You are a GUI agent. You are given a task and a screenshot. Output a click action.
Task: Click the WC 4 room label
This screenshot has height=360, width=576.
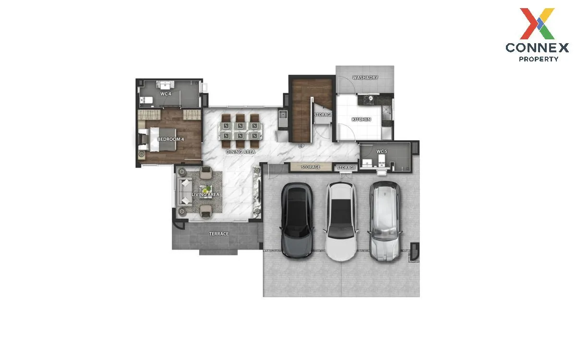tap(166, 94)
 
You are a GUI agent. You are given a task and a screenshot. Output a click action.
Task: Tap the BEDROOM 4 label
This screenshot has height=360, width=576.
tap(171, 139)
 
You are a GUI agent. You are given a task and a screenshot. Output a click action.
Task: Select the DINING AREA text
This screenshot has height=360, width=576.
tap(240, 152)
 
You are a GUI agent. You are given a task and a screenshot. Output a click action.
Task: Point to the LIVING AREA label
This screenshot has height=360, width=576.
tap(205, 195)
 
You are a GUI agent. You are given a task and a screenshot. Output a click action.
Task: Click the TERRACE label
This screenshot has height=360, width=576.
tap(219, 234)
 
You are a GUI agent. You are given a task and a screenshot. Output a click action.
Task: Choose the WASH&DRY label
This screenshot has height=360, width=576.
tap(365, 78)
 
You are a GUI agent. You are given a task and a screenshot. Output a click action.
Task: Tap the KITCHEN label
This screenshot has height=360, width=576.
tap(361, 120)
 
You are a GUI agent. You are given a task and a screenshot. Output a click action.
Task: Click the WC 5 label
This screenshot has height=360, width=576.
tap(382, 152)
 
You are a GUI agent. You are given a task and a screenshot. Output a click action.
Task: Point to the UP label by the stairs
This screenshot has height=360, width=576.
tap(301, 146)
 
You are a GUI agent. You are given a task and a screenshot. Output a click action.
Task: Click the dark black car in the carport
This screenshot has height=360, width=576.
tap(297, 220)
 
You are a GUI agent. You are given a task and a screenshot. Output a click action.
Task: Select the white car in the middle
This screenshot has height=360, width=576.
tap(341, 221)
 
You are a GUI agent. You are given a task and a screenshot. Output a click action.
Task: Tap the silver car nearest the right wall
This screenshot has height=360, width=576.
tap(384, 221)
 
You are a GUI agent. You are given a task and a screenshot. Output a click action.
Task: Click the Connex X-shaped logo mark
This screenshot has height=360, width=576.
tap(537, 24)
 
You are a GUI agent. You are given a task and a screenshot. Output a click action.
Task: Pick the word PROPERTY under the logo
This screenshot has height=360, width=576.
tap(539, 59)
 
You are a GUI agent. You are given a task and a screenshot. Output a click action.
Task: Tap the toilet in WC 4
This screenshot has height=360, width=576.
tap(146, 100)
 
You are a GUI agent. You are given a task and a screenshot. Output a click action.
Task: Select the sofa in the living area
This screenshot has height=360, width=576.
tap(185, 192)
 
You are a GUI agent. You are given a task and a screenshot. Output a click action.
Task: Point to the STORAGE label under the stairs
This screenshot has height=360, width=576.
tap(323, 115)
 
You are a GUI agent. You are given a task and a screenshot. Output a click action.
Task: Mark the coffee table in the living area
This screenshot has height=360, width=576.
tap(206, 192)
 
